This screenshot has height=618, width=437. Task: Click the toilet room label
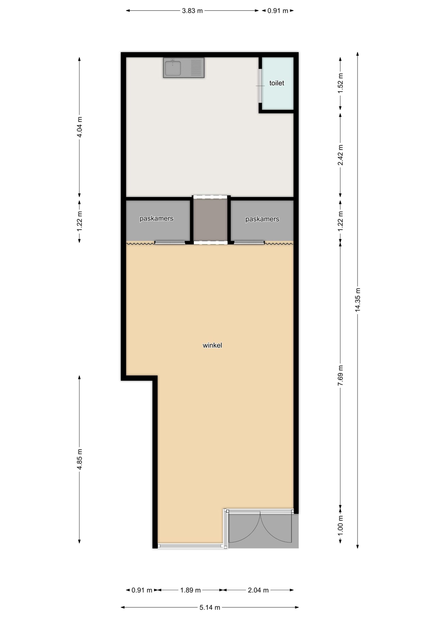[x=276, y=83]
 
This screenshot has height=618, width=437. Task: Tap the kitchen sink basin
[x=173, y=68]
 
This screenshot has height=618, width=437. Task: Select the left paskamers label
[x=156, y=218]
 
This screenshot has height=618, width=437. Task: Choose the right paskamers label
[x=262, y=219]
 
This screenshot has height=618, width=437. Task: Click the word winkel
[x=212, y=345]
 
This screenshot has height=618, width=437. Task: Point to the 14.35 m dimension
[x=358, y=300]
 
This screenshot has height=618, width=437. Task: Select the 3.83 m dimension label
[x=192, y=11]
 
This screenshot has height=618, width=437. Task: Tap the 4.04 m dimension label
[x=80, y=127]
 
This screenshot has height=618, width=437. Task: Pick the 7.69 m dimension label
[x=340, y=375]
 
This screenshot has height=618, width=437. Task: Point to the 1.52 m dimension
[x=340, y=84]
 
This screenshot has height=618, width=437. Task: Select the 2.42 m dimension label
[x=340, y=155]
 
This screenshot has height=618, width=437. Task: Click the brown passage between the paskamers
[x=211, y=220]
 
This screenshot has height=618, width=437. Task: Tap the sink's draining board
[x=196, y=68]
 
